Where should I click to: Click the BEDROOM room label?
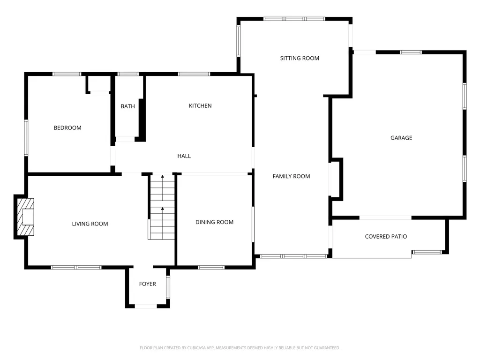67,127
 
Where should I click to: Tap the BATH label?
127,106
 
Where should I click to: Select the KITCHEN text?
200,105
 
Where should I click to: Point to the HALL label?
184,156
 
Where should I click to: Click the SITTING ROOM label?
300,58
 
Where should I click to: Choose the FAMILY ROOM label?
291,176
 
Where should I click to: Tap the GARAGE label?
401,138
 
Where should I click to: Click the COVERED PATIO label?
386,236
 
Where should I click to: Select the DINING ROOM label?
214,222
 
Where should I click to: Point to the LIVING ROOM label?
90,224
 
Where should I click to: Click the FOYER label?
148,284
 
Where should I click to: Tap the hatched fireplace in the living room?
25,217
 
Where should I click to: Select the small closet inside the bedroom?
99,83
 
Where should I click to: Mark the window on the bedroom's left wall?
26,138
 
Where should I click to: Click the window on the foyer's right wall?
168,287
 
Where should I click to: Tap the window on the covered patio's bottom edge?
427,252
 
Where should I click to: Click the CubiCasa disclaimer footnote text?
240,348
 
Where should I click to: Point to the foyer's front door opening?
146,306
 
